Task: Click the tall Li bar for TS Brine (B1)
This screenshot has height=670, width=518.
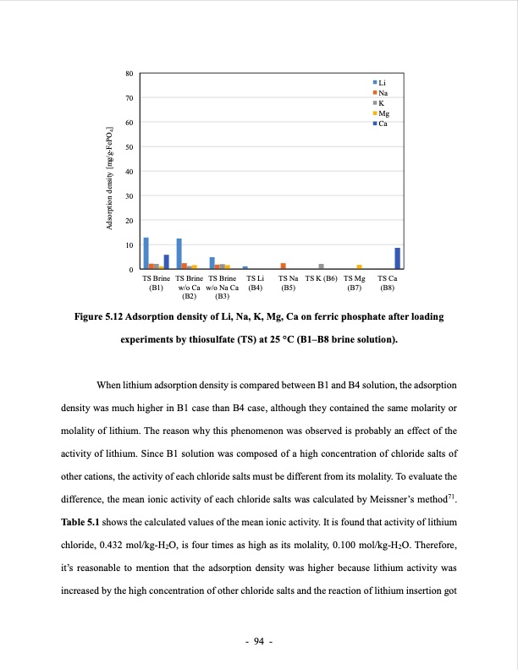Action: [x=146, y=254]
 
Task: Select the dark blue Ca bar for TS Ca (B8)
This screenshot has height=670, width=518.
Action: [x=398, y=259]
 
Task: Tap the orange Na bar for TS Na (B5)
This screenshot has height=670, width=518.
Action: [x=284, y=266]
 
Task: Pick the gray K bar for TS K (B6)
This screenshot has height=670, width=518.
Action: [x=321, y=266]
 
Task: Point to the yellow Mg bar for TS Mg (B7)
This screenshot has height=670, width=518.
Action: [x=359, y=267]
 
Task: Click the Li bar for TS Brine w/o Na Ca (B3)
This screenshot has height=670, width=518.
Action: [x=212, y=263]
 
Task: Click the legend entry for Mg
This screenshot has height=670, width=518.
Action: [x=382, y=113]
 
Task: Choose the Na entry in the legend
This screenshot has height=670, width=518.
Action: [x=382, y=92]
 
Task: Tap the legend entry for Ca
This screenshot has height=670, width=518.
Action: [x=382, y=124]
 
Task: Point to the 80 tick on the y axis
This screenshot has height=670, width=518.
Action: [x=129, y=74]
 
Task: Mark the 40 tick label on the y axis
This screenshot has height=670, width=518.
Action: [x=129, y=172]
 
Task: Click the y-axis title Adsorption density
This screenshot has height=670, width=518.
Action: [x=110, y=173]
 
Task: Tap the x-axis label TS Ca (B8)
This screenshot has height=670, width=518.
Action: [x=388, y=283]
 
